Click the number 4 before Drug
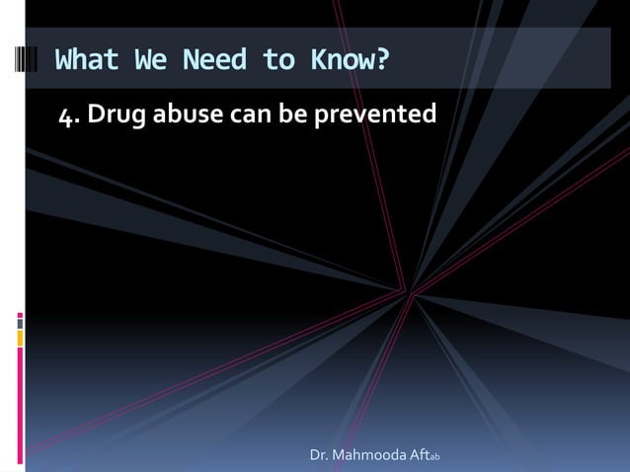[x=64, y=117]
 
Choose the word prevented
[x=374, y=117]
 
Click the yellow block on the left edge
[x=21, y=338]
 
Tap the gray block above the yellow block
[x=21, y=320]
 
